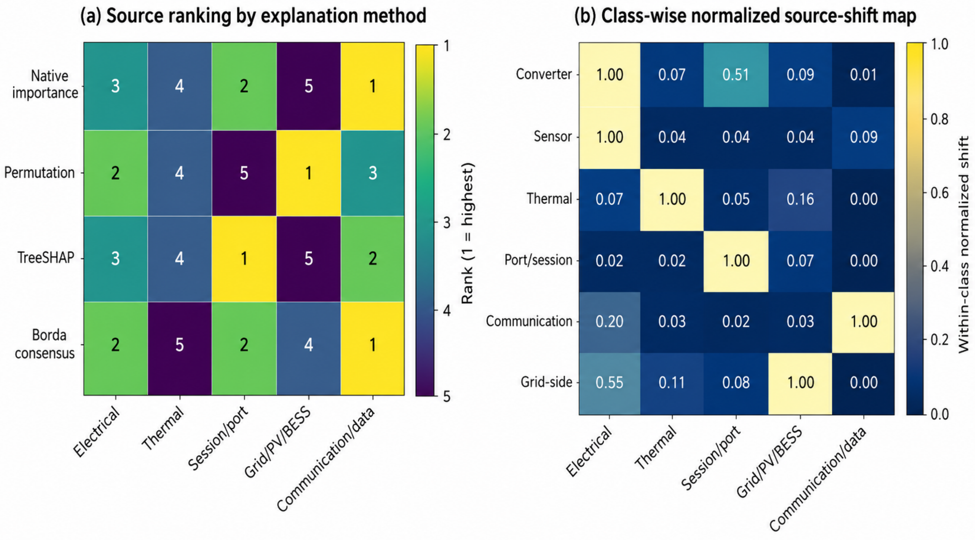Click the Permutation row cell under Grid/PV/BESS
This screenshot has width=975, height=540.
click(309, 173)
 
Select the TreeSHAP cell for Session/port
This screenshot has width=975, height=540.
click(244, 259)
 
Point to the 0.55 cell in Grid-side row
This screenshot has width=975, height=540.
click(609, 383)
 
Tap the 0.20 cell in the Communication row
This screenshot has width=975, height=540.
click(609, 322)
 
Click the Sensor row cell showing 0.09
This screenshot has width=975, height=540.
click(863, 137)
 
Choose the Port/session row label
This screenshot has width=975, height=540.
click(538, 260)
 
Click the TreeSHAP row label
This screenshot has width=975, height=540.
click(46, 258)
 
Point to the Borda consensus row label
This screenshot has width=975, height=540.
click(45, 344)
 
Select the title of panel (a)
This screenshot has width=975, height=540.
click(253, 16)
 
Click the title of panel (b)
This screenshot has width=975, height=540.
click(745, 16)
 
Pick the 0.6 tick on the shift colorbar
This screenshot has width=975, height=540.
click(939, 193)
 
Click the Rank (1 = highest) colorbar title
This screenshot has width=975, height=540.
click(468, 233)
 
